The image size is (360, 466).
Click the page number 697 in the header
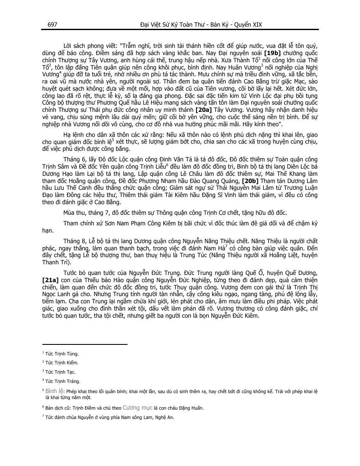point(53,25)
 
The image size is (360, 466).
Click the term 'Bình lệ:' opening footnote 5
point(55,390)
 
